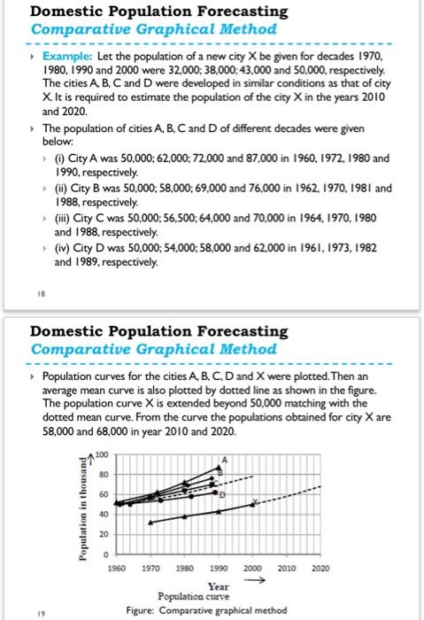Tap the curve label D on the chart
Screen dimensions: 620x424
[x=223, y=492]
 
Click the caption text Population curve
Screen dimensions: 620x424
[x=217, y=597]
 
